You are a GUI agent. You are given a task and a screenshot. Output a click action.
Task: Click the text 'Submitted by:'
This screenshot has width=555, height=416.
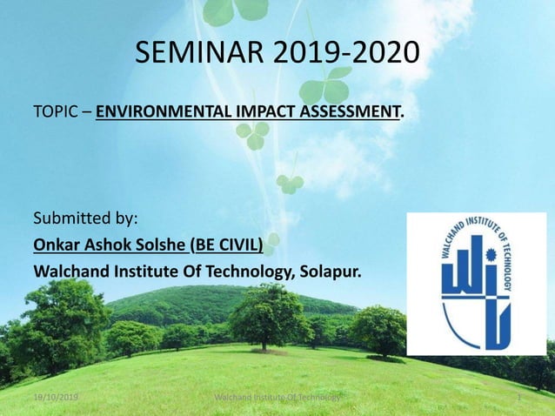tap(85, 216)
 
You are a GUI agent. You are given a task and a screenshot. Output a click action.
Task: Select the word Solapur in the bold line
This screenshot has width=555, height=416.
tap(330, 273)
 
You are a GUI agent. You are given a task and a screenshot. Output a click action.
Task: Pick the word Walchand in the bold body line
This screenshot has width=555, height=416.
tap(70, 273)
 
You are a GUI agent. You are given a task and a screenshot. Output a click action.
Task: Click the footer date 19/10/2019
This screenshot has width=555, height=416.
tap(52, 398)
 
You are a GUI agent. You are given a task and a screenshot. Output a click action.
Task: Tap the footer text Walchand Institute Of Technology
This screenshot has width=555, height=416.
tap(278, 398)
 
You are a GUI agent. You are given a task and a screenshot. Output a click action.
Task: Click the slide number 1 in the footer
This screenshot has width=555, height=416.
tap(518, 398)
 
